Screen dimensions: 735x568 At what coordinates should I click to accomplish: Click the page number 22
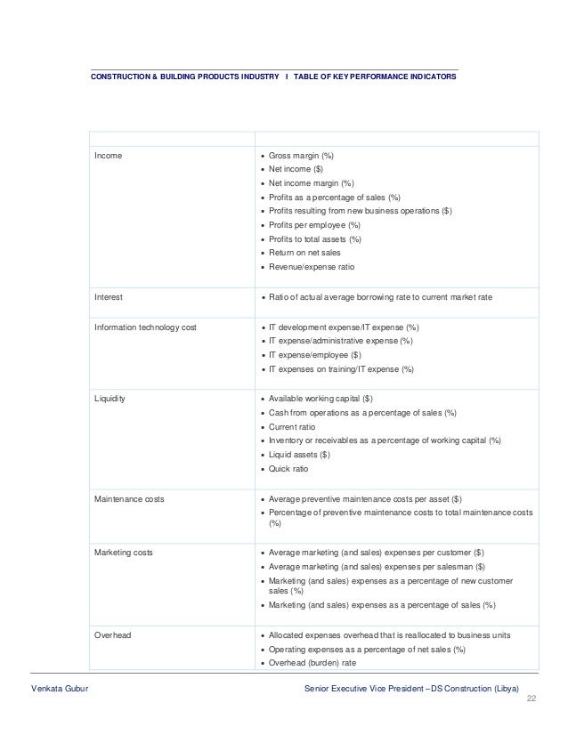pos(531,702)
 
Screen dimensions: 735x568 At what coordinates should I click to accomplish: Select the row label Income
pos(109,155)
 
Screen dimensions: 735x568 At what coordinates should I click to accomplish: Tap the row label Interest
pos(110,297)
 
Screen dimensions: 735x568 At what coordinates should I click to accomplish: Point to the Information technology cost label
pos(145,327)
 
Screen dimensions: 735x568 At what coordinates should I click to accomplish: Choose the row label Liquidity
pos(110,399)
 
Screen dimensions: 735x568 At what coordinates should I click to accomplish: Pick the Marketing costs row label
pos(124,553)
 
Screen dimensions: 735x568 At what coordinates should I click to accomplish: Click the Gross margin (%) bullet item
pos(301,155)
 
